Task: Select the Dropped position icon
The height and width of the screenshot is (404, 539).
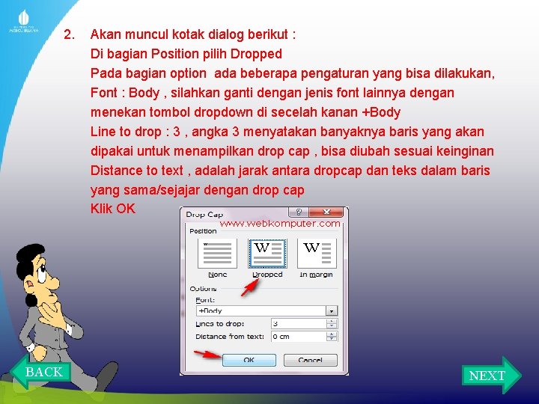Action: coord(267,254)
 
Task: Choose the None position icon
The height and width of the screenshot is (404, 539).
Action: coord(217,254)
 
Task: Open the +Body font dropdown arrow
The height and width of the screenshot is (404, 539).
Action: coord(331,310)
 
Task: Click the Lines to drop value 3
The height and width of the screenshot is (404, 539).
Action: coord(299,324)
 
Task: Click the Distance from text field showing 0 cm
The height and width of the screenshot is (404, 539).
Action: coord(299,337)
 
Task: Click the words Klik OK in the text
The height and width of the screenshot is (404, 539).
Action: coord(113,209)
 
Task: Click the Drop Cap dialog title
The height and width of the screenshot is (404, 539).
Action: coord(205,215)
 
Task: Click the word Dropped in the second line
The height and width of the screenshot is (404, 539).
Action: coord(256,54)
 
